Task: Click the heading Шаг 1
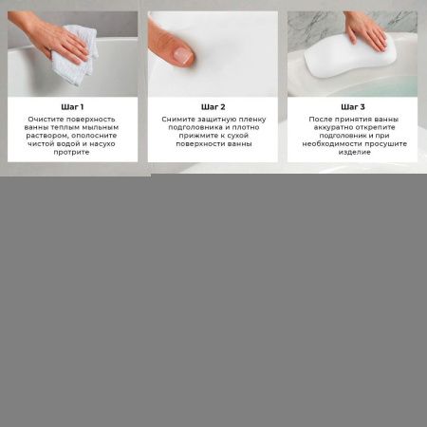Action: [x=72, y=106]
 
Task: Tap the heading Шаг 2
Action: [x=213, y=106]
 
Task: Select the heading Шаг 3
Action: [x=353, y=106]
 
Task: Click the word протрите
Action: [x=72, y=151]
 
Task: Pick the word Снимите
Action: [x=178, y=120]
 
